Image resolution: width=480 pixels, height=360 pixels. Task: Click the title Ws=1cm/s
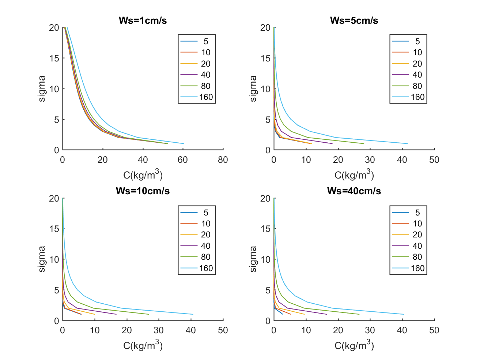[143, 20]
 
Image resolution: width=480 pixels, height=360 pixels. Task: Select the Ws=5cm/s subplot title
[354, 20]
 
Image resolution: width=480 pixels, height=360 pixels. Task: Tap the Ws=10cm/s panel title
[143, 191]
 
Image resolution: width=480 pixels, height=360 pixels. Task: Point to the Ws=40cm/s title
[354, 191]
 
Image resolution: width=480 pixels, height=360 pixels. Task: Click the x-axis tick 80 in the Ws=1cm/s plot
[223, 160]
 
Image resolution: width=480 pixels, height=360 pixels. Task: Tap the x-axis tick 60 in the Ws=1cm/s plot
[183, 160]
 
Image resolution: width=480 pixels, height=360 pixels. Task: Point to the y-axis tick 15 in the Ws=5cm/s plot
[266, 58]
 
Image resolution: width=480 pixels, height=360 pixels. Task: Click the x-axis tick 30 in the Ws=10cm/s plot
[159, 330]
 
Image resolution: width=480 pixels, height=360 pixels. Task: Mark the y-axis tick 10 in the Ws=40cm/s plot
[266, 259]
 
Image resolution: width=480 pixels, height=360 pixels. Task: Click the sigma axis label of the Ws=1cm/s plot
[42, 89]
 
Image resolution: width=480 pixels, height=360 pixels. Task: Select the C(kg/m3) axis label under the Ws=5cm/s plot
[354, 175]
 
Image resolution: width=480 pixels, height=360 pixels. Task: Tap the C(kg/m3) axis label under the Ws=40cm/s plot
[354, 345]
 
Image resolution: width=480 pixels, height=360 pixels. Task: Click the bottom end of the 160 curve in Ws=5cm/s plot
[407, 143]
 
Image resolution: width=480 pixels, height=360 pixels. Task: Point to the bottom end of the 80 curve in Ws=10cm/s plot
[149, 314]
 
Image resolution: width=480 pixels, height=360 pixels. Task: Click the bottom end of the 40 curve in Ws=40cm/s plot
[326, 314]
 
